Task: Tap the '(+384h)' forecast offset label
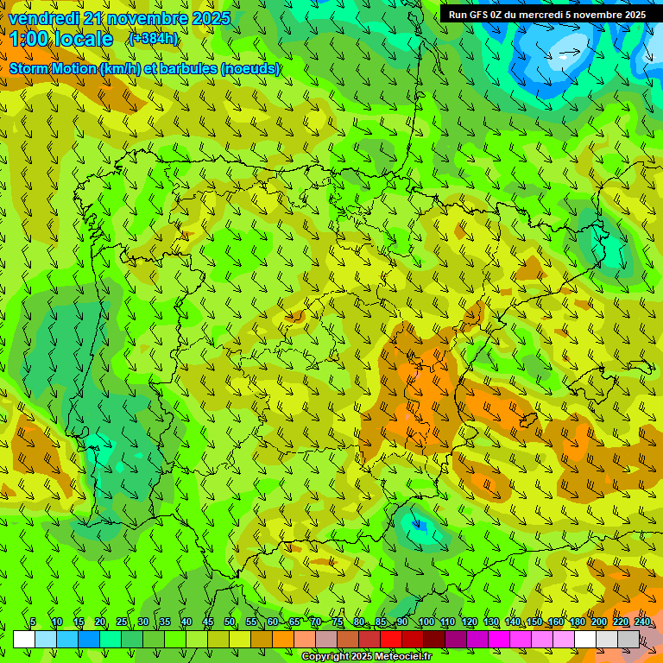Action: (154, 38)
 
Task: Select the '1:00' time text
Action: (28, 39)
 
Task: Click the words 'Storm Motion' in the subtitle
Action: (53, 68)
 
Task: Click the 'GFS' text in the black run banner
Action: (479, 15)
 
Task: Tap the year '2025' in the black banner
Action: (631, 15)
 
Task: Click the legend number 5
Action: (33, 622)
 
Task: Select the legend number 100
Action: (426, 622)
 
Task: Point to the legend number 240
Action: (642, 622)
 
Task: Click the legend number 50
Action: (230, 622)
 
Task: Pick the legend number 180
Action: (578, 622)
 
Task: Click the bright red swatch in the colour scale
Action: (391, 639)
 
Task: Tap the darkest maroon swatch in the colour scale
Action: (434, 639)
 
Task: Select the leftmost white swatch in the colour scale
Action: (24, 639)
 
